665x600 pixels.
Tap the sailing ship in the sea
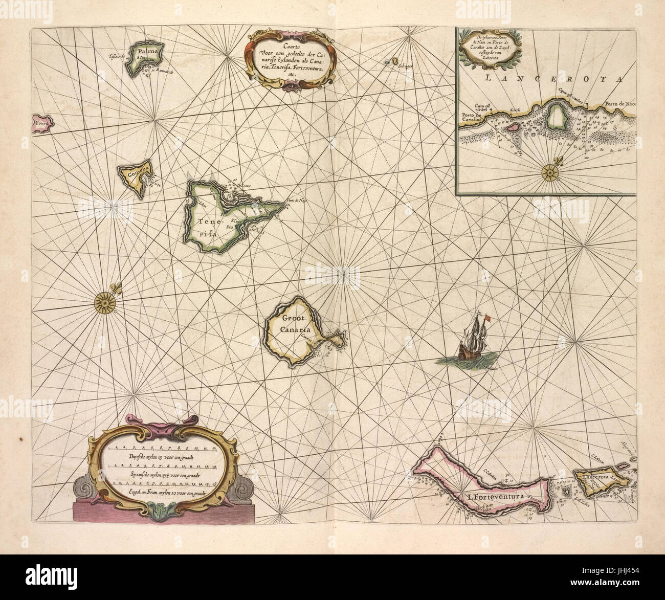[x=474, y=341]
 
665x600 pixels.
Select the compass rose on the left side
[x=105, y=301]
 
